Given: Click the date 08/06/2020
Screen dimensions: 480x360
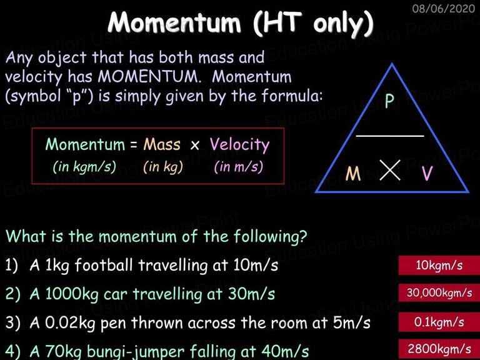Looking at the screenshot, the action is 444,8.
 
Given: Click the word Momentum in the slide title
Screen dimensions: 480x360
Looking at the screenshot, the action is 174,22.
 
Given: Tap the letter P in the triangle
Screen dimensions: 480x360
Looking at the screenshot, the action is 389,101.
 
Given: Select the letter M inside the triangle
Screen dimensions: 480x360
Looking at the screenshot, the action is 353,174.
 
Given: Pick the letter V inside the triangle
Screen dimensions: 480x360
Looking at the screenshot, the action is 427,174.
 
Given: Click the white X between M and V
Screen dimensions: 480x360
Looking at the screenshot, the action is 390,170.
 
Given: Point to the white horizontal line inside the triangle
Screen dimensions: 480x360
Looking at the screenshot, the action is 390,136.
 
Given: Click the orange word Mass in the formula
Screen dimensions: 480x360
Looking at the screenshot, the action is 162,144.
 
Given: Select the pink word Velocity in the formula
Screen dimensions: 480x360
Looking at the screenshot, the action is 240,145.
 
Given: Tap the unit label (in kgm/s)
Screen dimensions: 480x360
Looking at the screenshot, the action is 84,167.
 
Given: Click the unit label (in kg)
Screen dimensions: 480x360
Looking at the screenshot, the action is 163,167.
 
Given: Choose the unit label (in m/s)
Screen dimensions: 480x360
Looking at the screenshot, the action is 239,167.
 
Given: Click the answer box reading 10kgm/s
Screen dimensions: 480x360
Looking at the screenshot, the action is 439,266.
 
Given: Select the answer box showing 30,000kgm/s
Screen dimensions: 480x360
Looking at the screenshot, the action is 439,293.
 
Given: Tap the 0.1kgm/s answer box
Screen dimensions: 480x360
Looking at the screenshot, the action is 439,322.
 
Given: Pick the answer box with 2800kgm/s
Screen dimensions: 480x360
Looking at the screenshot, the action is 439,349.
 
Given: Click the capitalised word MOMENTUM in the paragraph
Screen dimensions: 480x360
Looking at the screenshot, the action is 149,76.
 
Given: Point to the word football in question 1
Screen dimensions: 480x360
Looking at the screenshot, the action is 104,265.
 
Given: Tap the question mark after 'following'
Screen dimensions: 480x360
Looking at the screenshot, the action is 303,236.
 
